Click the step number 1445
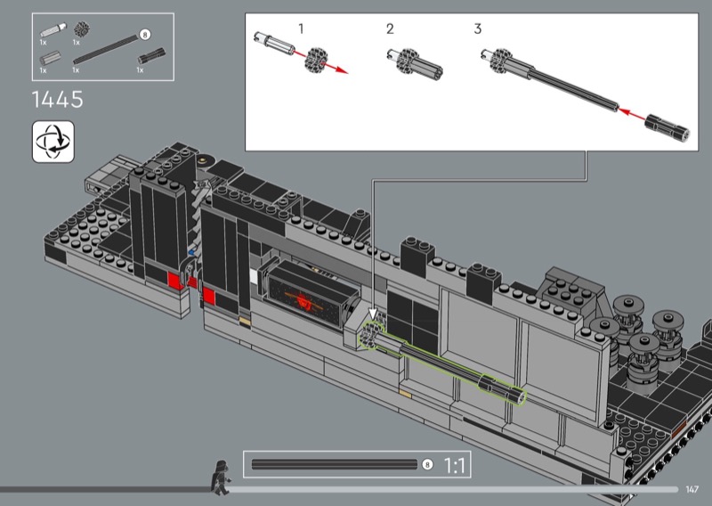58,99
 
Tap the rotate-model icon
53,142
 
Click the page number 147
692,489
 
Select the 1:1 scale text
454,466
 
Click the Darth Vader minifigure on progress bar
220,477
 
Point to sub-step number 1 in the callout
301,29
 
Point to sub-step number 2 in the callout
390,29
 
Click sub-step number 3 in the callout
477,29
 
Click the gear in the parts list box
82,29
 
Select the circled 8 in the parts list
145,35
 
